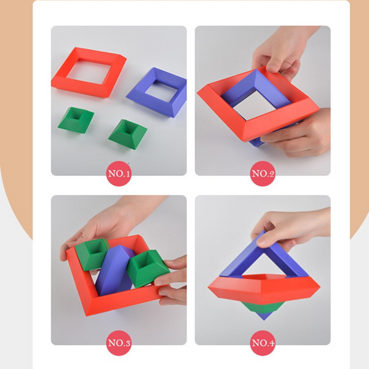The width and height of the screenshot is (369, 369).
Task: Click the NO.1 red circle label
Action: point(119,173)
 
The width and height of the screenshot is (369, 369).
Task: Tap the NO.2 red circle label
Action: point(263,173)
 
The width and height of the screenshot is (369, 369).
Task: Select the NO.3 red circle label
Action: point(119,343)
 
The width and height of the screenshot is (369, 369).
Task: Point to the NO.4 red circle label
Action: point(263,343)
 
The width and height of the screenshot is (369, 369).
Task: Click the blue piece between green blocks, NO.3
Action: point(111,271)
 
